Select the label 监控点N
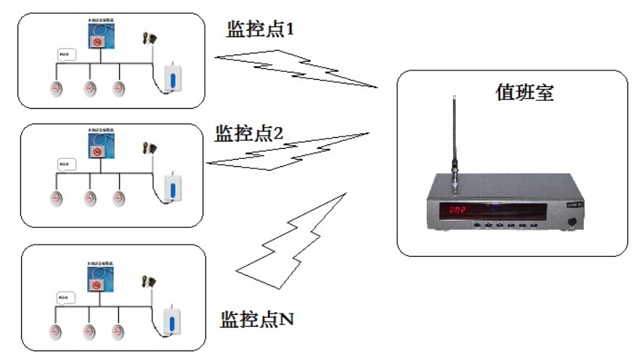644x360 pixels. pyautogui.click(x=256, y=319)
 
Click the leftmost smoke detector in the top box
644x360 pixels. pyautogui.click(x=57, y=89)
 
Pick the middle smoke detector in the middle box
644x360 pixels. pyautogui.click(x=89, y=199)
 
